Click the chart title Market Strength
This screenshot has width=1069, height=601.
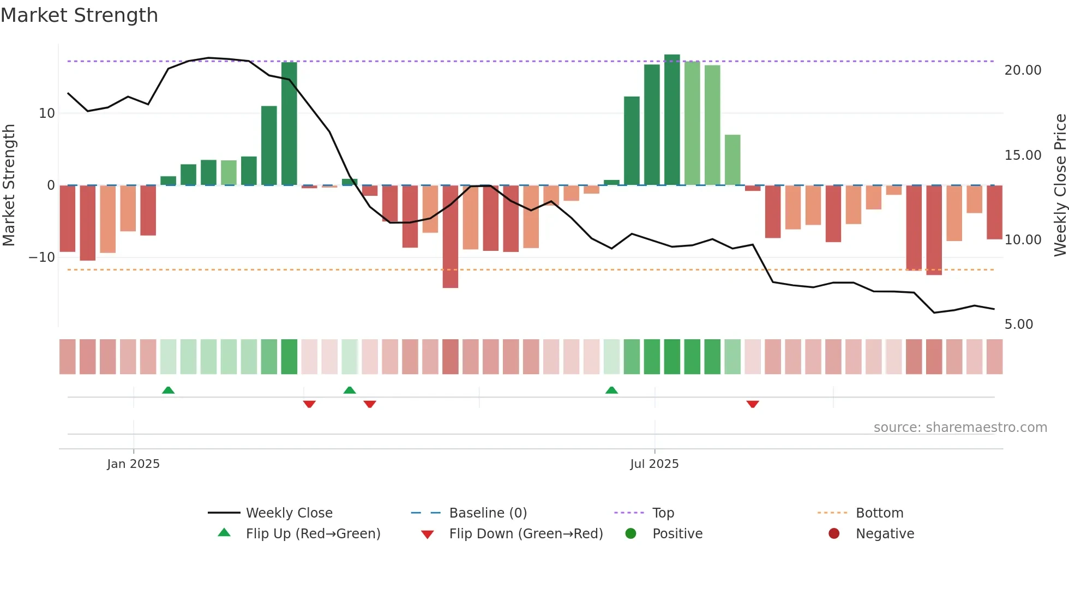coord(79,15)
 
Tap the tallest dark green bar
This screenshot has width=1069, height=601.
coord(672,120)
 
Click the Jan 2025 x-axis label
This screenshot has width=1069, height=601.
coord(133,464)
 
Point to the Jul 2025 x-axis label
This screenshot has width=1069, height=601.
coord(654,464)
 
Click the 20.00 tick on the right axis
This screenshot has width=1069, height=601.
coord(1023,70)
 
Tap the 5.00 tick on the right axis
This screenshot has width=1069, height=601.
coord(1019,324)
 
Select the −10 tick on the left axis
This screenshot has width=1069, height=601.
coord(42,257)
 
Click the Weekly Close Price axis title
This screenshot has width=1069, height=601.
coord(1060,185)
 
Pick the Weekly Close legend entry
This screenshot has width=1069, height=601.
coord(289,513)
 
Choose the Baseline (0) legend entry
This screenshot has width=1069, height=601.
coord(488,513)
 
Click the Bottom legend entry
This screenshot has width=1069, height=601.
coord(879,513)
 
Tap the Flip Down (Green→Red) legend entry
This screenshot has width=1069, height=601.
coord(525,534)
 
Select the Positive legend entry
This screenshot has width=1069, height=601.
coord(677,534)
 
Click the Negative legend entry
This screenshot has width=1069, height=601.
coord(884,534)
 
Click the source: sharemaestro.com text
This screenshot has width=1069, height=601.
coord(960,428)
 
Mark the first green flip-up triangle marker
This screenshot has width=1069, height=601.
coord(168,390)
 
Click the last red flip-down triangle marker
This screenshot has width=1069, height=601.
coord(753,404)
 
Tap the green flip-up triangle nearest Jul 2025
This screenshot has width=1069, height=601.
coord(611,390)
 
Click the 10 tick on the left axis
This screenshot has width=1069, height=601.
coord(47,113)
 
